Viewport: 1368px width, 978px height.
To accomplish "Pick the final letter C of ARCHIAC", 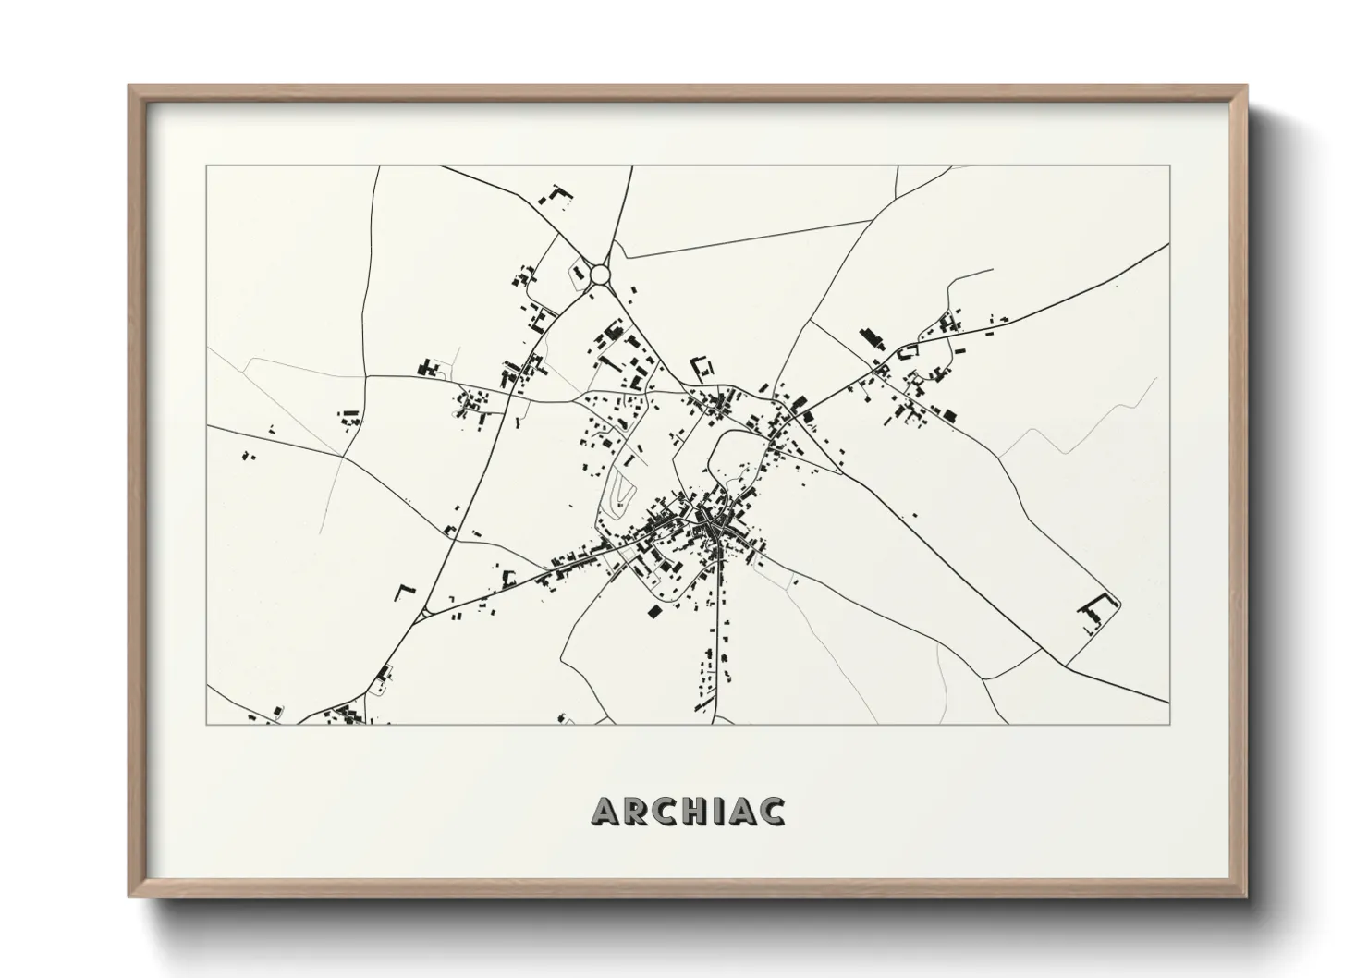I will click(773, 811).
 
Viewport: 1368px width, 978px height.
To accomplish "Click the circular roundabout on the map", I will click(601, 275).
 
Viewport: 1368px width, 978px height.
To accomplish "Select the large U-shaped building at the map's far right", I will click(1096, 611).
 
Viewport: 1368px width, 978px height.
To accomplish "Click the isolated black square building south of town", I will click(655, 612).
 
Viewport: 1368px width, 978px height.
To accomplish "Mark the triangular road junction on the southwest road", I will click(425, 612).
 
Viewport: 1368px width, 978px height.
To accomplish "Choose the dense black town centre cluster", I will click(713, 527).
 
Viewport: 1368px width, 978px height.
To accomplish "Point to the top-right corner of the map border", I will click(1169, 166).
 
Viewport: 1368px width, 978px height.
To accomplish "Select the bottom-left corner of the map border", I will click(207, 724).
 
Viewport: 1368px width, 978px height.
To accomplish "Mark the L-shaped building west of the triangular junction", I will click(404, 592).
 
